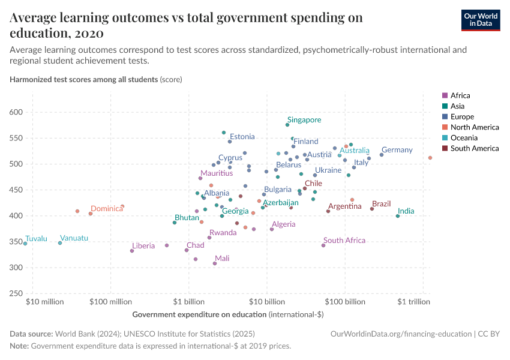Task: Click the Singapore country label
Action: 304,120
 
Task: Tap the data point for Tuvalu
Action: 25,244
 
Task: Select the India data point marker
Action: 398,216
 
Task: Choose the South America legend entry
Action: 474,148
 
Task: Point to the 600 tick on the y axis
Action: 16,112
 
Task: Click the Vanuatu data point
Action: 60,243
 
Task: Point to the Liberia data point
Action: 132,251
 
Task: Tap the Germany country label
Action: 397,150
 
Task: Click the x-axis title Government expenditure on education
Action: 199,314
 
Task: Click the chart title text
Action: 186,25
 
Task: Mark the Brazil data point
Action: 372,209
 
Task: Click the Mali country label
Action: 221,259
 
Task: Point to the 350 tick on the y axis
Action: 16,242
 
